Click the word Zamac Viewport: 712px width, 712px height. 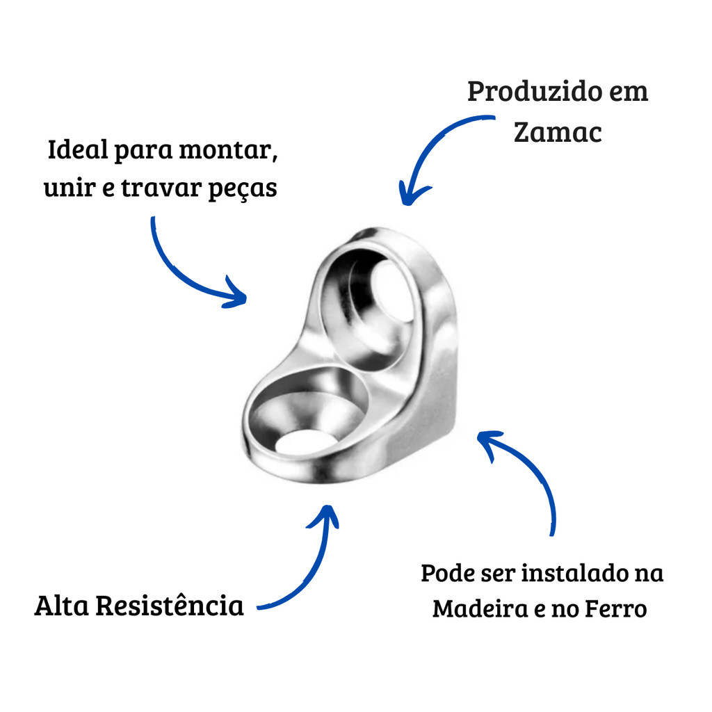coord(557,132)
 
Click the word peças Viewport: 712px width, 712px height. coord(243,189)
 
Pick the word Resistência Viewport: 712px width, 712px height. coord(169,606)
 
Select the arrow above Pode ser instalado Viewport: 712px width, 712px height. coord(528,473)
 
